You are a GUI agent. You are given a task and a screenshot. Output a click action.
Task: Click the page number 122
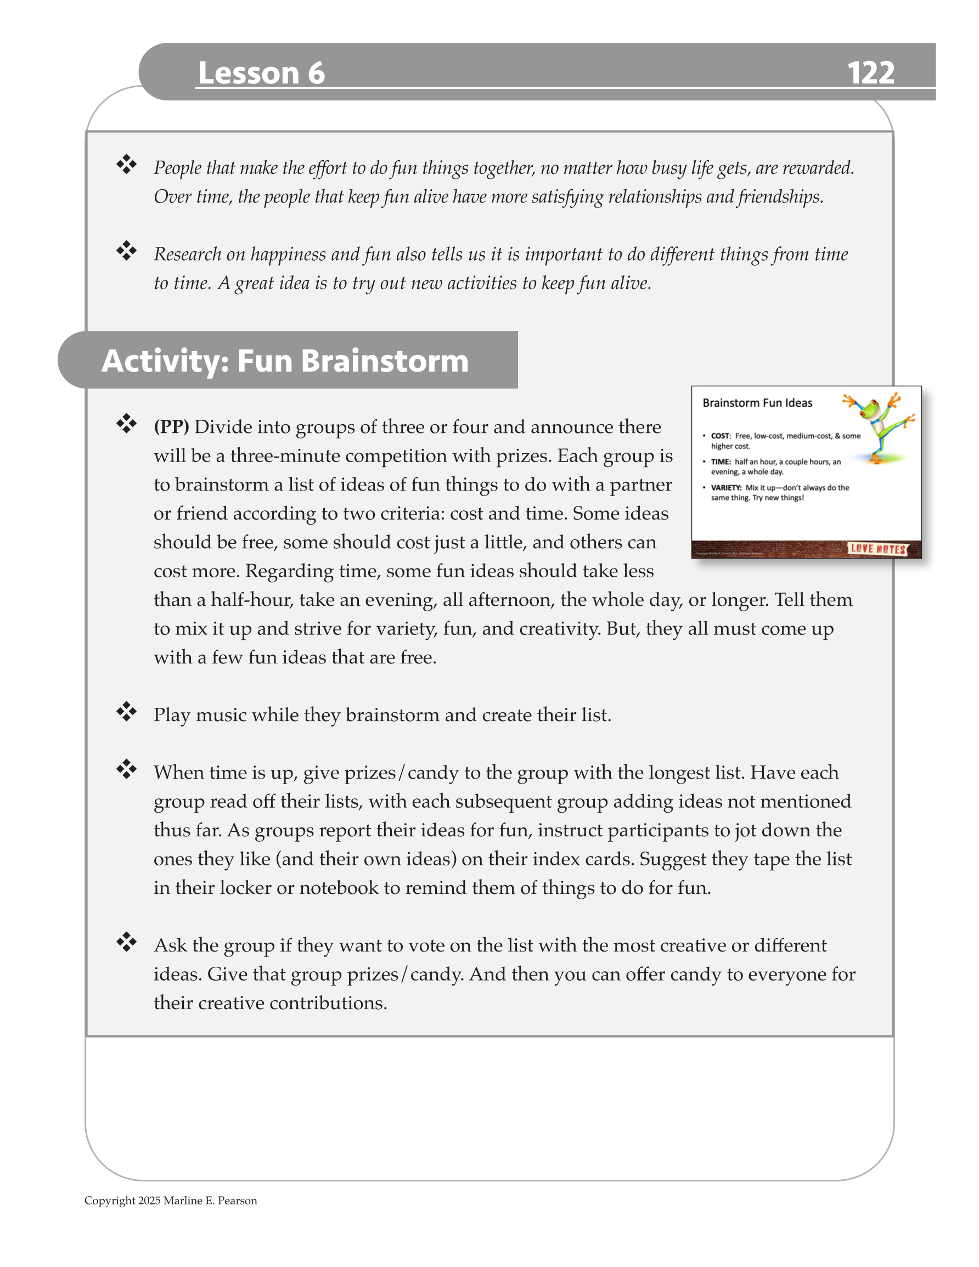(870, 73)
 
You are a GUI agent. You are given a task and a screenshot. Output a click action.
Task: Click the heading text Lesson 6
(261, 73)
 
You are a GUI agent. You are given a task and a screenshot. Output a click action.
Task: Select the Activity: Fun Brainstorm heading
(285, 361)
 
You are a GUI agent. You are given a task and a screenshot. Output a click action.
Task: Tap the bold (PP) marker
(171, 427)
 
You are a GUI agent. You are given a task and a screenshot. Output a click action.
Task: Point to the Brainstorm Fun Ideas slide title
(757, 403)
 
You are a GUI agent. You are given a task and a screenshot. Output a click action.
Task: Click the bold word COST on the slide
(719, 436)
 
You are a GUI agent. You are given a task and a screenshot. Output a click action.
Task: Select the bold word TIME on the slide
(720, 463)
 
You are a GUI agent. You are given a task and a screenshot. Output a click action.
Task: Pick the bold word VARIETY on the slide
(726, 488)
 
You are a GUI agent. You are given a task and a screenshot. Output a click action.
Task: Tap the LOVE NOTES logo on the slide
(877, 549)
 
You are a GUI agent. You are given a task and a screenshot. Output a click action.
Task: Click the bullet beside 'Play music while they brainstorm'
(126, 712)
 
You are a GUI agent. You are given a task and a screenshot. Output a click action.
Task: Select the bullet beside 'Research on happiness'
(126, 251)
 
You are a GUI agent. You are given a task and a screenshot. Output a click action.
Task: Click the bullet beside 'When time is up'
(126, 770)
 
